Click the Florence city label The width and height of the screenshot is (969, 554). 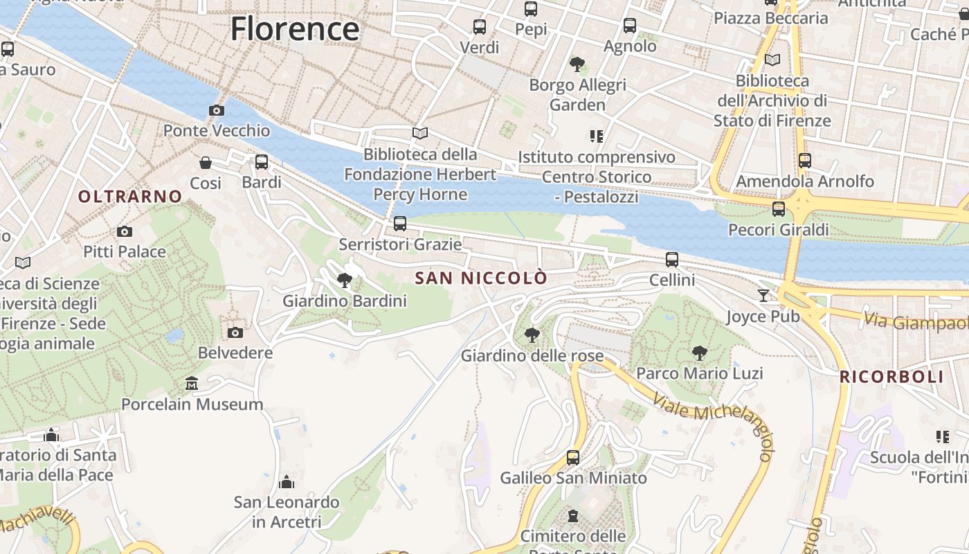coord(295,29)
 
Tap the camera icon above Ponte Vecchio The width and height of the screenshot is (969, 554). coord(216,110)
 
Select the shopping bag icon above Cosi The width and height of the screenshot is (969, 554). coord(206,163)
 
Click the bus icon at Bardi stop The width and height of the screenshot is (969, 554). coord(262,162)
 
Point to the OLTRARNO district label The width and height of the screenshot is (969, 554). coord(130,197)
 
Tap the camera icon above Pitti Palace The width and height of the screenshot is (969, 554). coord(125,231)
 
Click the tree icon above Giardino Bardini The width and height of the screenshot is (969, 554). coord(344,280)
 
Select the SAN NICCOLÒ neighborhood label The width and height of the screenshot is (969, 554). coord(481,278)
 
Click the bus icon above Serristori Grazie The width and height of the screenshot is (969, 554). coord(399,223)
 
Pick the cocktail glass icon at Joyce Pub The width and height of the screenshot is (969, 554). coord(763,296)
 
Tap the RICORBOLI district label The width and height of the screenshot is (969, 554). coord(891,377)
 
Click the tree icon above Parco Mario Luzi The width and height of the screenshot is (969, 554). coord(699,352)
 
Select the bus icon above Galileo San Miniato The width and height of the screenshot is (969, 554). coord(573,457)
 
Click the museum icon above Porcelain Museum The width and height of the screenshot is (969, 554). coord(192,383)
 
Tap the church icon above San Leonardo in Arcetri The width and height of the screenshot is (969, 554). coord(287,481)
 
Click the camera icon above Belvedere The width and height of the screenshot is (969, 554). coord(235,332)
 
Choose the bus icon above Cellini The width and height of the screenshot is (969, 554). coord(671,260)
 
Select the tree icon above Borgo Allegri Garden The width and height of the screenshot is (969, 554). coord(577,64)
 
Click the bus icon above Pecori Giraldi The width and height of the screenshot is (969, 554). coord(779,208)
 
